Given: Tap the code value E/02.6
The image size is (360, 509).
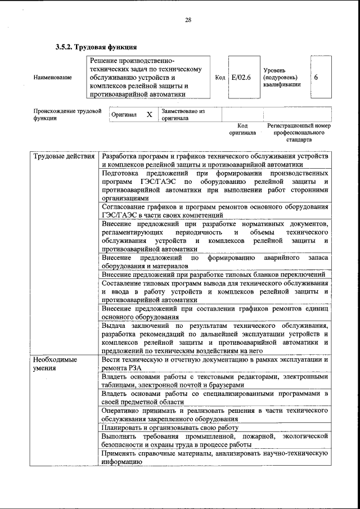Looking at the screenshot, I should [241, 77].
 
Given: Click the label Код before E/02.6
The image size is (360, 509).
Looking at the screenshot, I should [220, 77].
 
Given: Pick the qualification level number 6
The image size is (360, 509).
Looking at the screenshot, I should [316, 77].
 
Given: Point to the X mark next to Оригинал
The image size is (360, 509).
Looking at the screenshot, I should [148, 115].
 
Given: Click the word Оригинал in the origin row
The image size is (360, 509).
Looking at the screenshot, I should [124, 115].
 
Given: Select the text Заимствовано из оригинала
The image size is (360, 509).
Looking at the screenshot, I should [183, 115].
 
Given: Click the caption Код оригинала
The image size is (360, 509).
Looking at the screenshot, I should [242, 130].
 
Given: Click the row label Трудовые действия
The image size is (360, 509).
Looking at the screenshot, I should [64, 156].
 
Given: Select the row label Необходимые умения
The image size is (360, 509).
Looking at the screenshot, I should [55, 363].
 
